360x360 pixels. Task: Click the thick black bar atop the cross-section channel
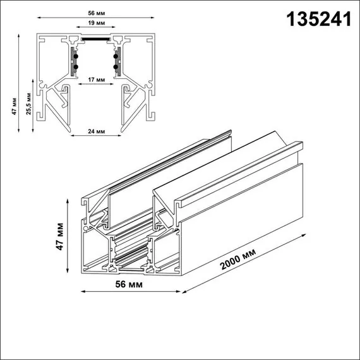tap(96, 37)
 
